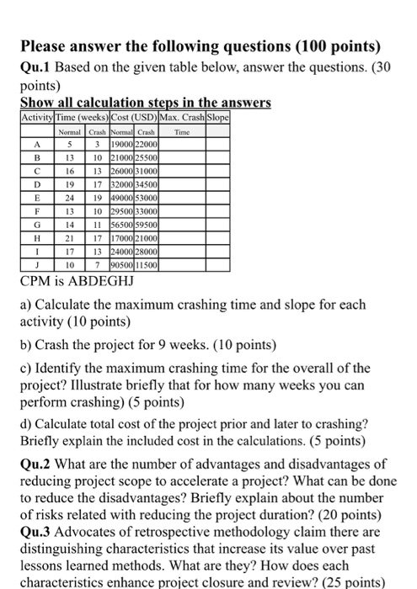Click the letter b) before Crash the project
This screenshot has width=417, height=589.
pyautogui.click(x=27, y=343)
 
